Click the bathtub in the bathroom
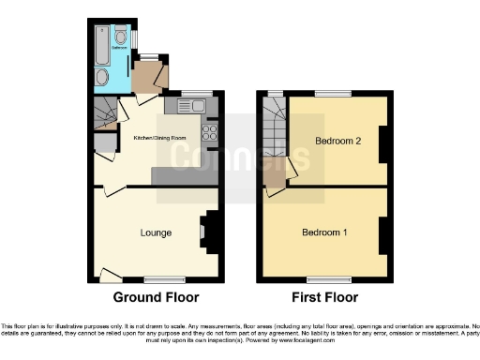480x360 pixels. (x=101, y=44)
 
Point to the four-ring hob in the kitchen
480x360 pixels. (x=209, y=132)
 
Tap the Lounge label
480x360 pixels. (x=155, y=232)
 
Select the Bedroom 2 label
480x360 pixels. (x=336, y=142)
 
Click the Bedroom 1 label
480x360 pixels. (x=323, y=232)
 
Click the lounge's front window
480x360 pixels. (x=164, y=278)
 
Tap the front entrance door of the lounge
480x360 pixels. (x=111, y=275)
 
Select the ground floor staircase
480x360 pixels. (x=105, y=115)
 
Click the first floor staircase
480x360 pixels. (x=274, y=131)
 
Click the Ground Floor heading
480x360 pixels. (x=156, y=298)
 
